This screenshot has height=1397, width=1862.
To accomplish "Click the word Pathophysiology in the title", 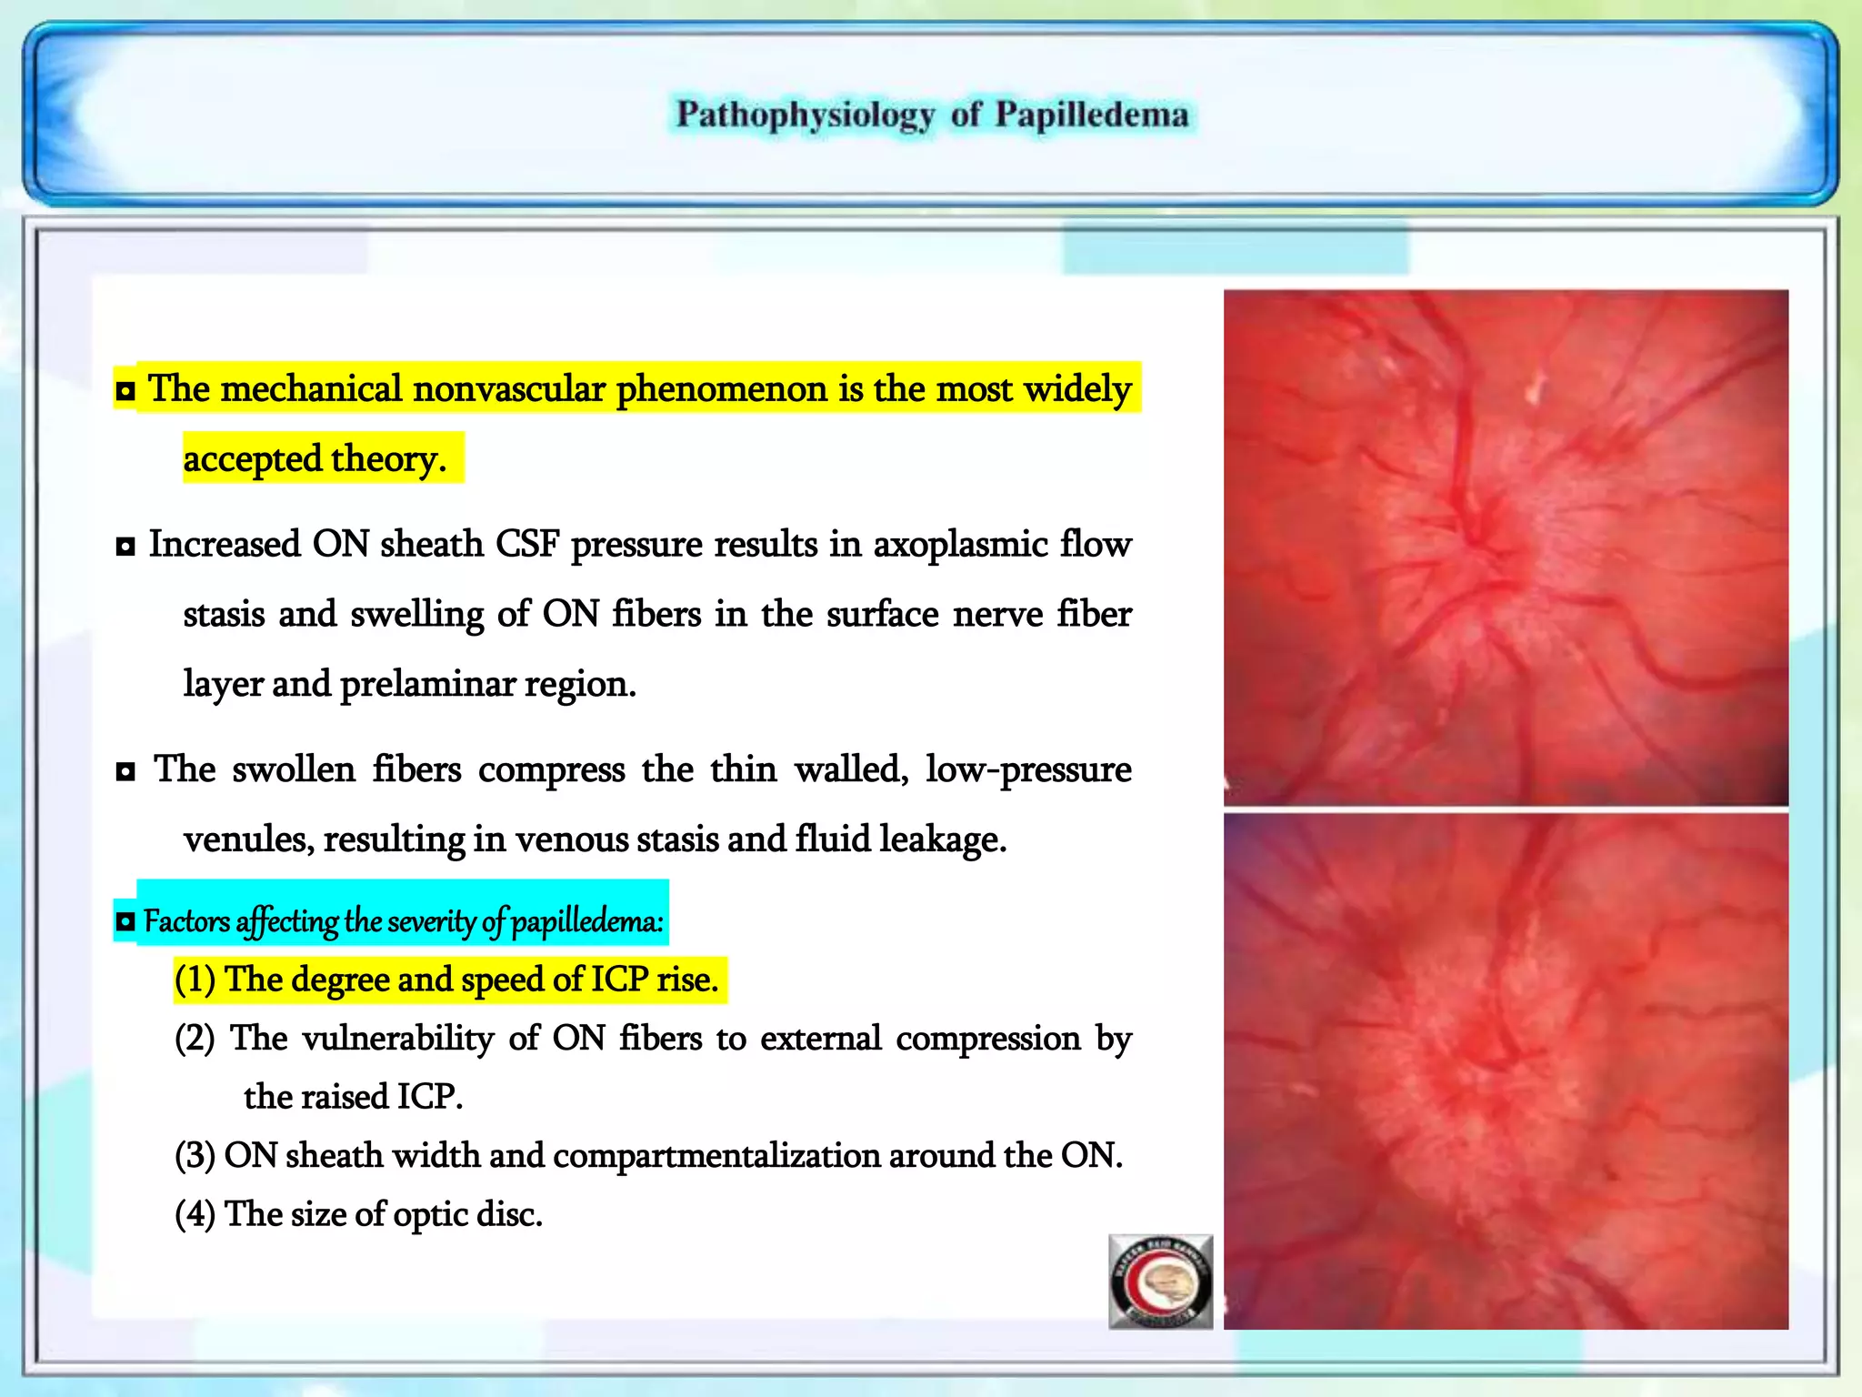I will (x=806, y=116).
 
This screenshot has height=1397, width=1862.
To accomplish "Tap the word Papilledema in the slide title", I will (x=1091, y=116).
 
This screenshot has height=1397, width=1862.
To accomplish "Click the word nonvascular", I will (x=509, y=389).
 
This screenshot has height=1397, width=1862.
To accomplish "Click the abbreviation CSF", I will (x=526, y=545).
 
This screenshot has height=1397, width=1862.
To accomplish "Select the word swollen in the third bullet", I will (x=293, y=769).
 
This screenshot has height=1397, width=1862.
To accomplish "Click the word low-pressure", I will (x=1028, y=769).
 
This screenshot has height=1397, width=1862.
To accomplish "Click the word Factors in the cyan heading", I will (x=186, y=921).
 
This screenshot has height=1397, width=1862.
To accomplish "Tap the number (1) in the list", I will (x=195, y=980).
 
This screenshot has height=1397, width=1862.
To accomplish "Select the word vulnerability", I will (x=397, y=1039).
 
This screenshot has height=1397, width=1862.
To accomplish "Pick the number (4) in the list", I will (x=195, y=1214).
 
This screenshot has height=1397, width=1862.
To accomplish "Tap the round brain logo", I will (x=1161, y=1282).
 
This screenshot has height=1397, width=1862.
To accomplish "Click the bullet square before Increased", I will (x=125, y=547).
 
